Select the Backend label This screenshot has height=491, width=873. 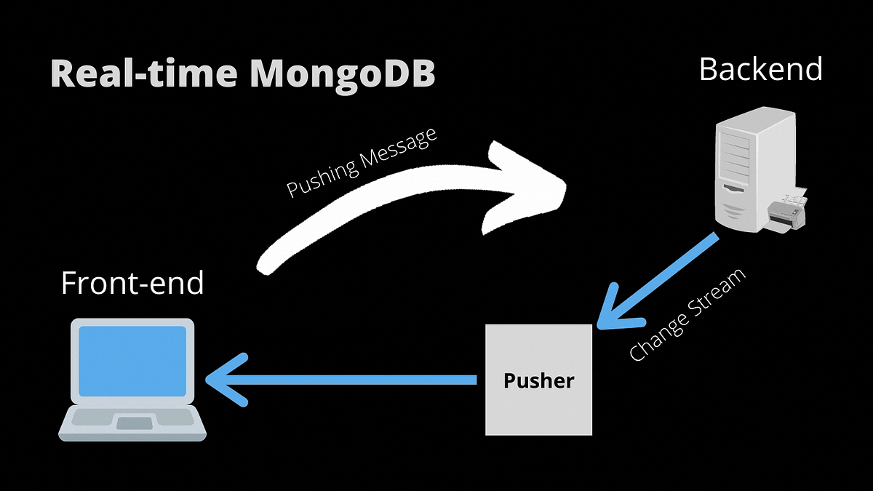coord(760,69)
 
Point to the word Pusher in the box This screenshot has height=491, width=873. coord(538,380)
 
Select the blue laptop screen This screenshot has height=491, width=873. coord(132,361)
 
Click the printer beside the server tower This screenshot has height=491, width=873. coord(788,212)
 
